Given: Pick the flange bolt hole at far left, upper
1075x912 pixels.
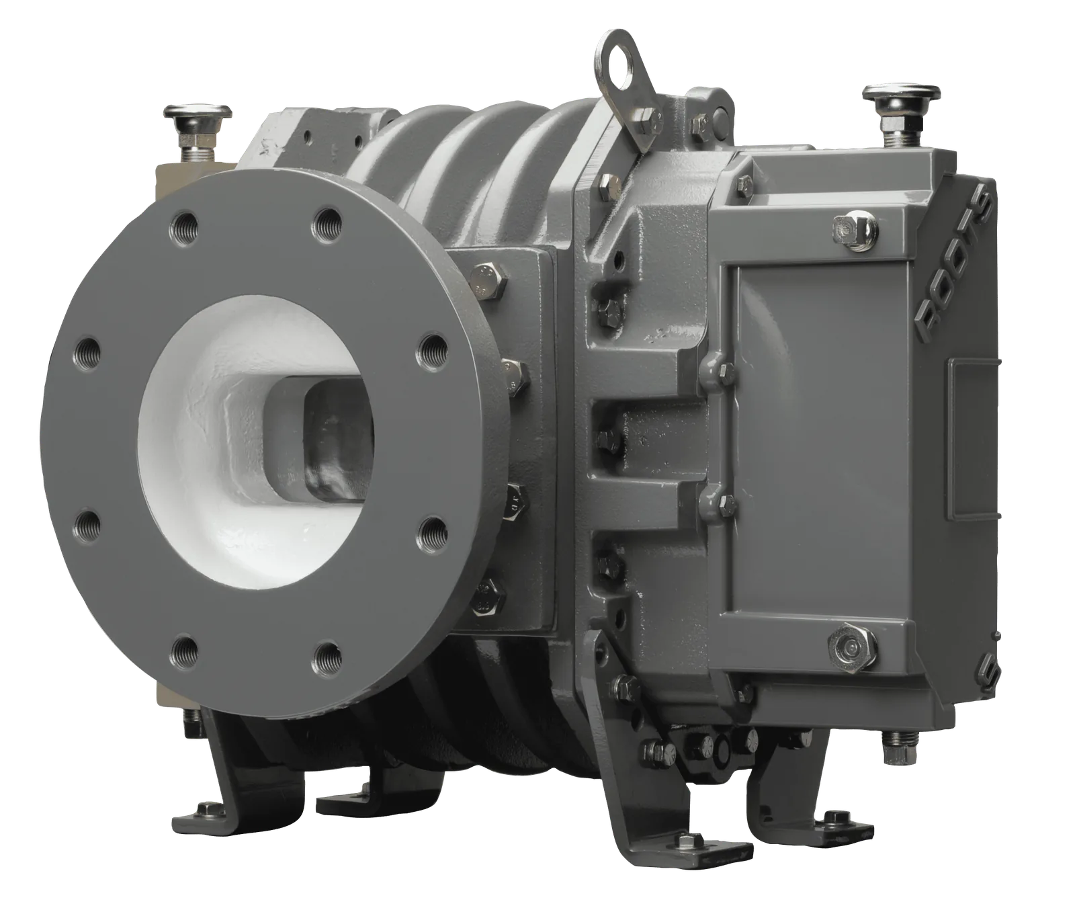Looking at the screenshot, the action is coord(88,349).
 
